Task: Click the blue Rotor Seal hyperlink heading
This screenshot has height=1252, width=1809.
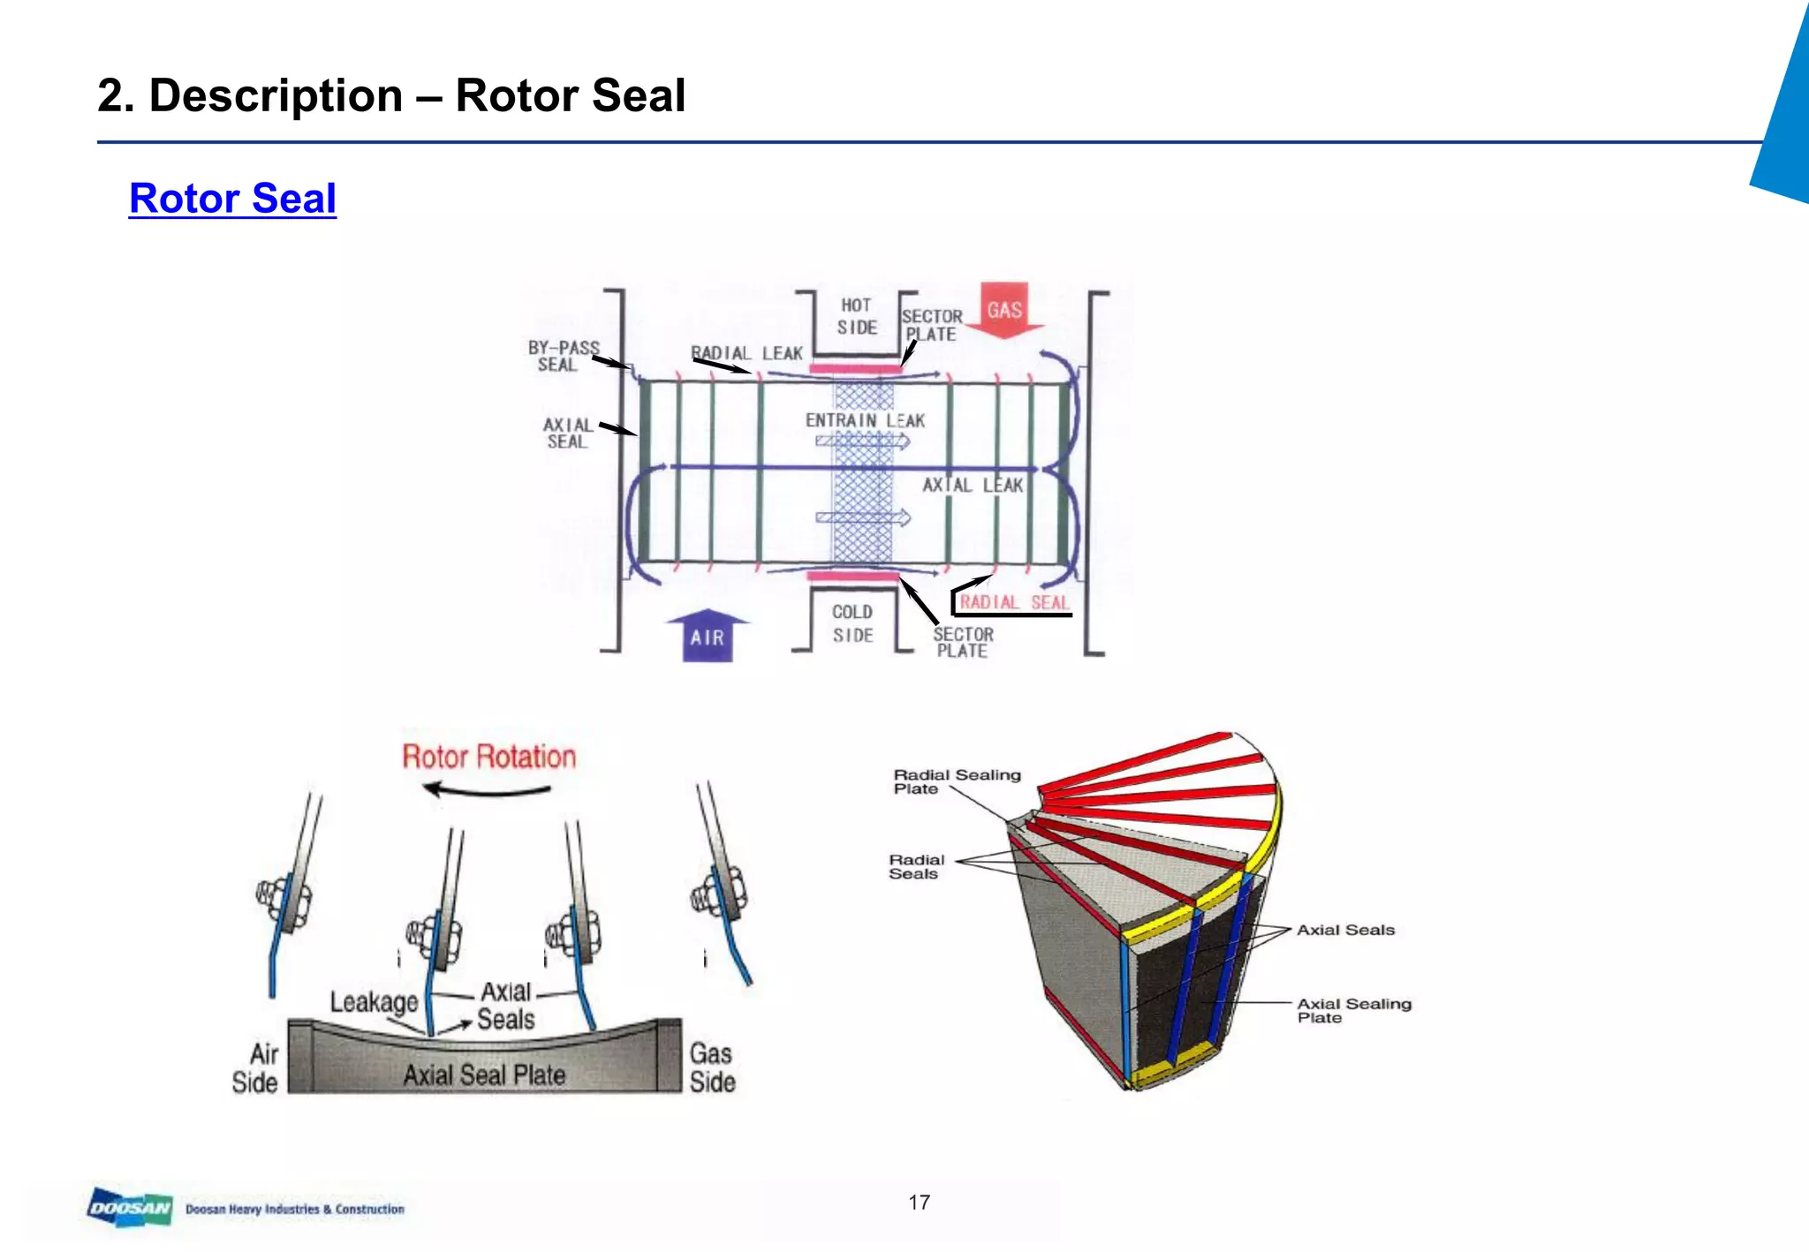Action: coord(232,199)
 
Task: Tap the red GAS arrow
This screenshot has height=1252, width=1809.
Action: coord(1004,310)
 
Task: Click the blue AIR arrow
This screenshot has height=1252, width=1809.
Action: coord(708,636)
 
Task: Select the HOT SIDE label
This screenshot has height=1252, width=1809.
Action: coord(857,316)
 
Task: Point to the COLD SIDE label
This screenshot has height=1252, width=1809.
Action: coord(852,623)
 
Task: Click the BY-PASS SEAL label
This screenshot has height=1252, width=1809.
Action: coord(563,356)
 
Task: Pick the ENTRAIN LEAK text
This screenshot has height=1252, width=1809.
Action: coord(865,421)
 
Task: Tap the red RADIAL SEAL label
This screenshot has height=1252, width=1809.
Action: coord(1013,602)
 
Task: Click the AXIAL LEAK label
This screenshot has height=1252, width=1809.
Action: coord(973,485)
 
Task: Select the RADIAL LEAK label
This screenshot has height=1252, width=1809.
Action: coord(746,353)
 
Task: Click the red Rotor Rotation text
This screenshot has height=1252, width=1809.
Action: coord(488,757)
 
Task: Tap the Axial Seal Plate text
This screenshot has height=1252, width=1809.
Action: coord(484,1075)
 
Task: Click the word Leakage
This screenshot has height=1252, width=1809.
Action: coord(374,1002)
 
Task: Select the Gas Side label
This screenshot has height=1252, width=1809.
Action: coord(712,1067)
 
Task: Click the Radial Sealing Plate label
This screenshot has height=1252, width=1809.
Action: coord(956,781)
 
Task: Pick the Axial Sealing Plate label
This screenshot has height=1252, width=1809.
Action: coord(1353,1010)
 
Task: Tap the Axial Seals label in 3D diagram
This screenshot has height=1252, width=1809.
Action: coord(1345,930)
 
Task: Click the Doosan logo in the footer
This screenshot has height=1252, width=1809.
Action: coord(130,1208)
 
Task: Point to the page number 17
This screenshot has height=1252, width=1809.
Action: coord(919,1203)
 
